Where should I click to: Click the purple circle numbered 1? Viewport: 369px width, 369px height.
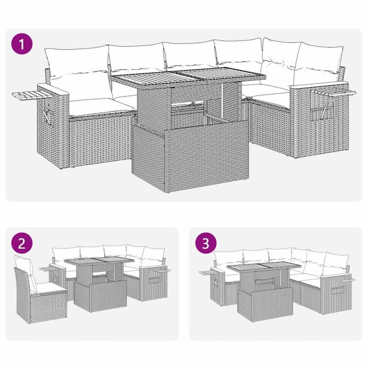click(x=22, y=44)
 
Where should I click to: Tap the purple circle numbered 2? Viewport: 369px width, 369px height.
click(x=22, y=243)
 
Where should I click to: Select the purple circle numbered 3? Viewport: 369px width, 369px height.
click(x=206, y=243)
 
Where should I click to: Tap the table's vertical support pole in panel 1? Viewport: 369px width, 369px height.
click(x=222, y=101)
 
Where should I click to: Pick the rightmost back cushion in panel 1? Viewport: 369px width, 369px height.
click(x=319, y=60)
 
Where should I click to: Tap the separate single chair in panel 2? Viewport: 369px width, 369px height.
click(x=41, y=290)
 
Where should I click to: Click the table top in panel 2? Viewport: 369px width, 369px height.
click(x=99, y=261)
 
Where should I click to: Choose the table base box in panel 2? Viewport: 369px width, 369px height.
click(x=100, y=296)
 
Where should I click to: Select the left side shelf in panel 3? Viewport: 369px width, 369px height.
click(x=209, y=273)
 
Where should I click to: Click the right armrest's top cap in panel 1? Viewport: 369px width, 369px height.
click(x=319, y=85)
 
